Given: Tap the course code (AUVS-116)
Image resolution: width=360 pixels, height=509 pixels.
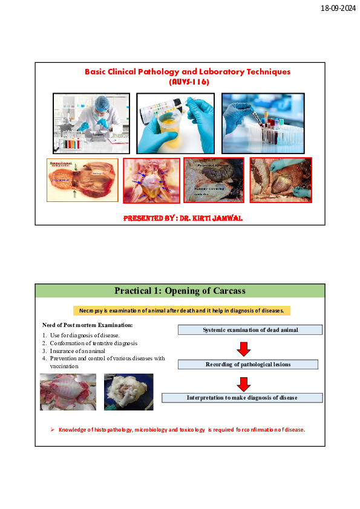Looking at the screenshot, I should tap(188, 82).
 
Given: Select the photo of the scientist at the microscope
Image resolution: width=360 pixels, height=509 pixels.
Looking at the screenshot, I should tap(91, 123).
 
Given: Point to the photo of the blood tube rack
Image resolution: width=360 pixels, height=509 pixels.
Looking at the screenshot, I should tap(267, 123).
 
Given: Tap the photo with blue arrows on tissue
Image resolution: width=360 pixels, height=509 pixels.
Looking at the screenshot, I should tap(151, 181).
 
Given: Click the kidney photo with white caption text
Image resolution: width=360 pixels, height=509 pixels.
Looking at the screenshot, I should tap(214, 180).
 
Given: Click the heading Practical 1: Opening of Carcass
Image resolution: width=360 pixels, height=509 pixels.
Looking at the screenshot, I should tap(180, 291).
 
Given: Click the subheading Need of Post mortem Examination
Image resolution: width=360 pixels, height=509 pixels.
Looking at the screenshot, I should tap(87, 325).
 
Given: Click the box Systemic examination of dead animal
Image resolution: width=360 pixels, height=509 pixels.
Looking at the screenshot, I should tap(250, 329).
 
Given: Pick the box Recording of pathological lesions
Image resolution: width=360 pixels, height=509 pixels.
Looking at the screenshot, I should tap(248, 365).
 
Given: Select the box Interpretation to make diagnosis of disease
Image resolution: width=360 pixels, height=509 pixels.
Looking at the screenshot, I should tap(242, 398).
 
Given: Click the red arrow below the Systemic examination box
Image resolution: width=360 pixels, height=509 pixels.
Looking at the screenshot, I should tap(244, 348).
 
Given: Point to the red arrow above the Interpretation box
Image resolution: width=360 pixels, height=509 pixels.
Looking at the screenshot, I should tap(244, 383).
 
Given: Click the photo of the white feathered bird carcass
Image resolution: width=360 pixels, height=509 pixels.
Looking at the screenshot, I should tap(128, 392).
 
